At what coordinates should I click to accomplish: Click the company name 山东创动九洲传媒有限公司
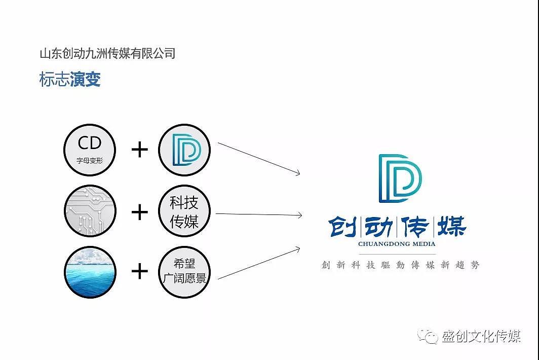[x=107, y=53]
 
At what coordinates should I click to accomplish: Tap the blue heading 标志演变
[x=70, y=79]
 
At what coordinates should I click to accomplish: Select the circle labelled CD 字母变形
[x=90, y=150]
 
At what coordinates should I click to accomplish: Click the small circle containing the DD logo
[x=184, y=150]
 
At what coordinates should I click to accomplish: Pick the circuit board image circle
[x=90, y=211]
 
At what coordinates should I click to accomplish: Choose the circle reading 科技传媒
[x=184, y=211]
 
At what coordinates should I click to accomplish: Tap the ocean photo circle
[x=90, y=272]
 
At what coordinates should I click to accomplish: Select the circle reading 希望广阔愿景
[x=184, y=272]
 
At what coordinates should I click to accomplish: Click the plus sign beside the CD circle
[x=140, y=150]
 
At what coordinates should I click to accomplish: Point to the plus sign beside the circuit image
[x=140, y=211]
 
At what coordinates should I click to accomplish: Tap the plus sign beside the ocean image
[x=140, y=271]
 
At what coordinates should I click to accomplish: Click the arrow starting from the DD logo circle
[x=259, y=159]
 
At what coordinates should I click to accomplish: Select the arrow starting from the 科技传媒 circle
[x=259, y=215]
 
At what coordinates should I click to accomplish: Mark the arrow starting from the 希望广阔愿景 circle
[x=259, y=263]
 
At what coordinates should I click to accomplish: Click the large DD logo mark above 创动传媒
[x=400, y=178]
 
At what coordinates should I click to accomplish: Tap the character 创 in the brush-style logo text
[x=343, y=227]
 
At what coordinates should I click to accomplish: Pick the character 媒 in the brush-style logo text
[x=452, y=227]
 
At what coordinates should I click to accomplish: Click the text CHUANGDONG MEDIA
[x=397, y=244]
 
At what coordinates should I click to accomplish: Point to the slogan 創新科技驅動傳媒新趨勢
[x=400, y=265]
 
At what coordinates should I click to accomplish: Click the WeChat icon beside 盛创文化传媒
[x=427, y=336]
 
